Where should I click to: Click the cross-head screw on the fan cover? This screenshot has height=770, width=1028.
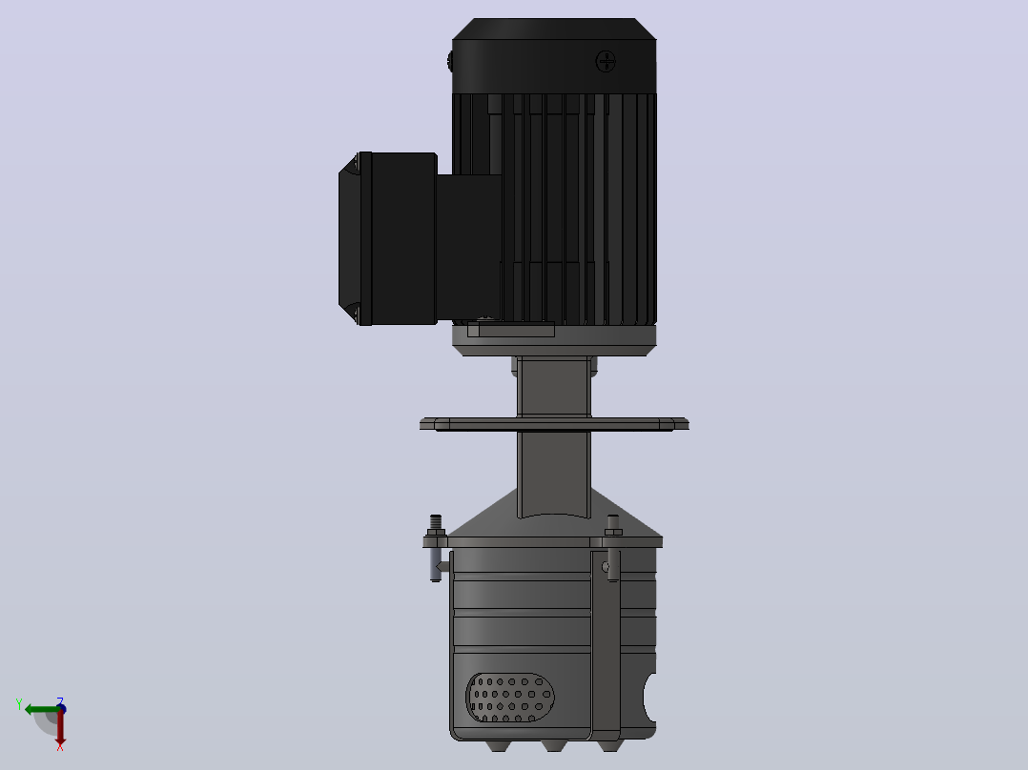(606, 62)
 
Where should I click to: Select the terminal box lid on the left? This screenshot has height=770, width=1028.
(355, 238)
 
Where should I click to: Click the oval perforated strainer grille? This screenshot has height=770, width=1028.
(510, 698)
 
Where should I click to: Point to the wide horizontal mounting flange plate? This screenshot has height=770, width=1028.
(554, 425)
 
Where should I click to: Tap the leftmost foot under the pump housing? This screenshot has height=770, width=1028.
(497, 746)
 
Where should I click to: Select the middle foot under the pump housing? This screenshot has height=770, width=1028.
(553, 746)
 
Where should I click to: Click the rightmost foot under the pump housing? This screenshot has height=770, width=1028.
(608, 746)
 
